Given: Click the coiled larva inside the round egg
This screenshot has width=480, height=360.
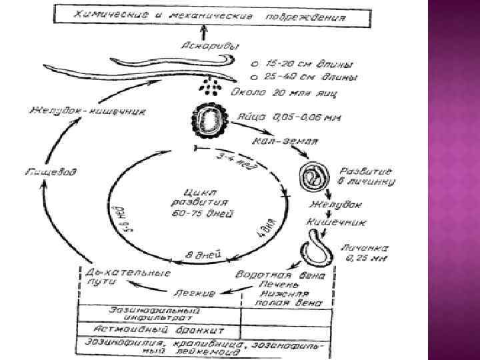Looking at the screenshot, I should (313, 175).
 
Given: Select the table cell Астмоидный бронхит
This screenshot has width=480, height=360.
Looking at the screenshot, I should (159, 330).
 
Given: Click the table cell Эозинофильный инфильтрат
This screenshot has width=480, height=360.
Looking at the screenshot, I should (159, 314).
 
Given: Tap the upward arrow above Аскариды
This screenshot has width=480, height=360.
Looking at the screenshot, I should (204, 31).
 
